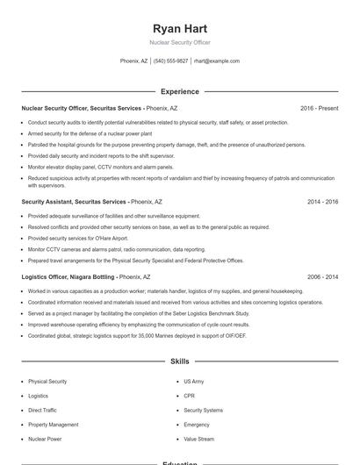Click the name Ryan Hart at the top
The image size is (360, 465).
pyautogui.click(x=179, y=28)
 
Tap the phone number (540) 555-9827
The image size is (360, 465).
pyautogui.click(x=170, y=61)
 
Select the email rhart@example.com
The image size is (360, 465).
pyautogui.click(x=216, y=61)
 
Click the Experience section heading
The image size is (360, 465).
pyautogui.click(x=179, y=91)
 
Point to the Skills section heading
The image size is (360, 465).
pyautogui.click(x=179, y=361)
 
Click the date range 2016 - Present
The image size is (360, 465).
pyautogui.click(x=319, y=108)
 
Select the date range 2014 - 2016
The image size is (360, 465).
pyautogui.click(x=322, y=201)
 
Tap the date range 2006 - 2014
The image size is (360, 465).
pyautogui.click(x=322, y=276)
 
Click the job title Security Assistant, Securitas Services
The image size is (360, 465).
pyautogui.click(x=74, y=201)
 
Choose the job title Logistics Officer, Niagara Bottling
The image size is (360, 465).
pyautogui.click(x=68, y=276)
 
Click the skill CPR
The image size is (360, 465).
pyautogui.click(x=189, y=396)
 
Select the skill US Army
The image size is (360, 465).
pyautogui.click(x=193, y=382)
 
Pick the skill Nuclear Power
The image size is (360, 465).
pyautogui.click(x=45, y=439)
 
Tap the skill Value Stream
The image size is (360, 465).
pyautogui.click(x=198, y=439)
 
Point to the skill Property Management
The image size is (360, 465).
pyautogui.click(x=53, y=425)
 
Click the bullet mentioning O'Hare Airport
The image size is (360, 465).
pyautogui.click(x=77, y=238)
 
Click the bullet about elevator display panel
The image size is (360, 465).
pyautogui.click(x=100, y=167)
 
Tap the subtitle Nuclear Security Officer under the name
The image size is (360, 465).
pyautogui.click(x=179, y=42)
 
